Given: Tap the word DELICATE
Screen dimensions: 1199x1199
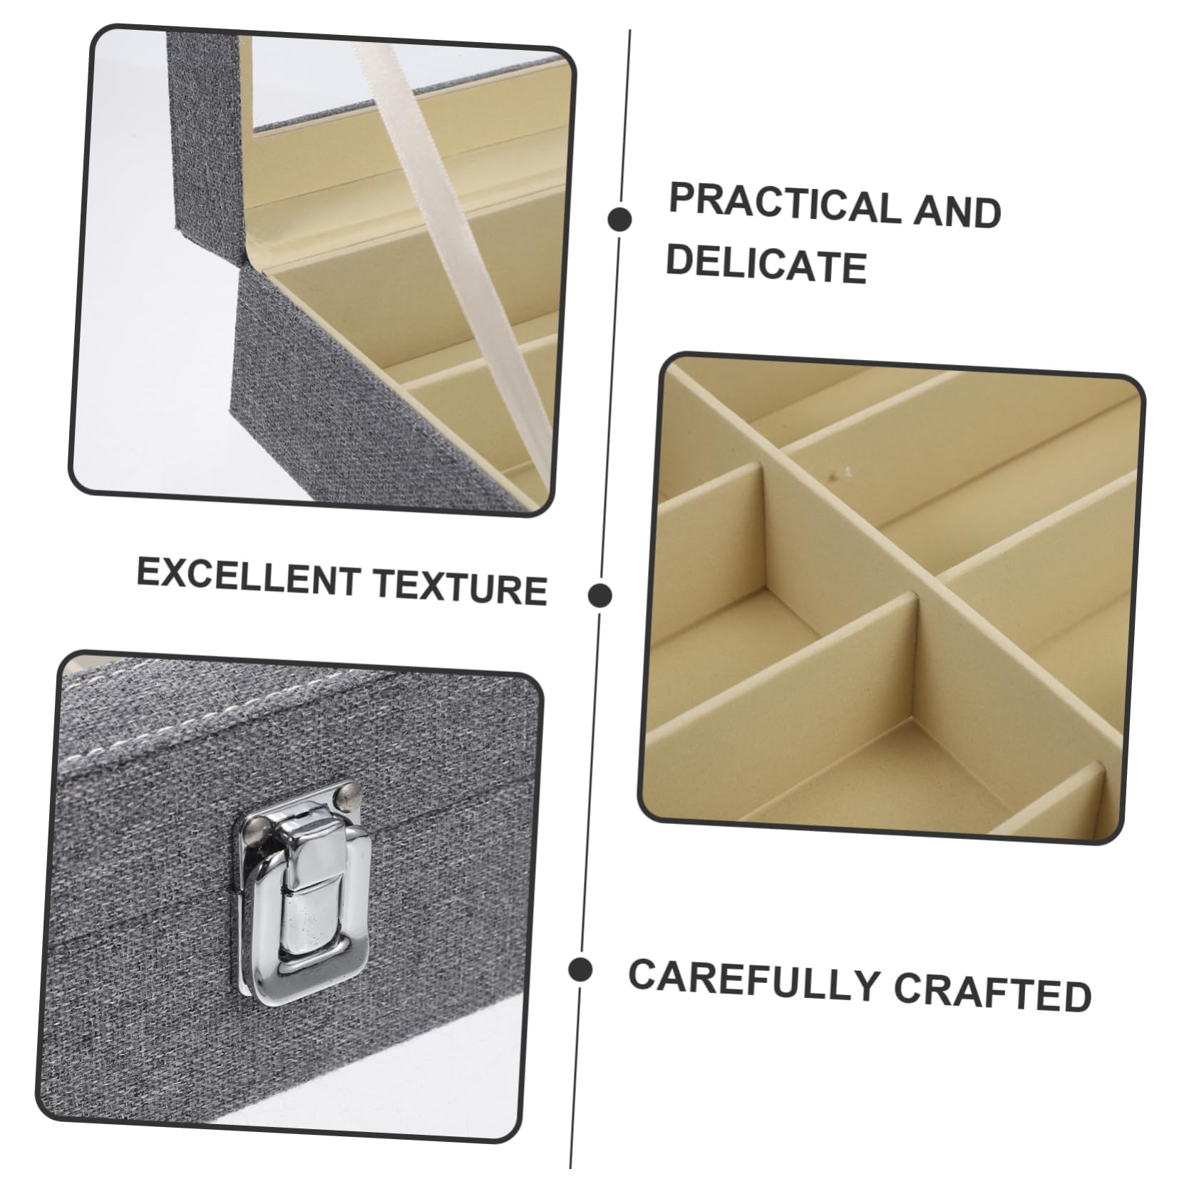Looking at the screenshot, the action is click(x=766, y=264).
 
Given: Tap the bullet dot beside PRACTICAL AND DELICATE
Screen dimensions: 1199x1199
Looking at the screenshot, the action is click(x=620, y=219).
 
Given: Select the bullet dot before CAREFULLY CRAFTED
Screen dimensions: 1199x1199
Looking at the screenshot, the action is click(x=581, y=970).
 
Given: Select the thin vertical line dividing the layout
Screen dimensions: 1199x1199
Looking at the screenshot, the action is click(x=600, y=599).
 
